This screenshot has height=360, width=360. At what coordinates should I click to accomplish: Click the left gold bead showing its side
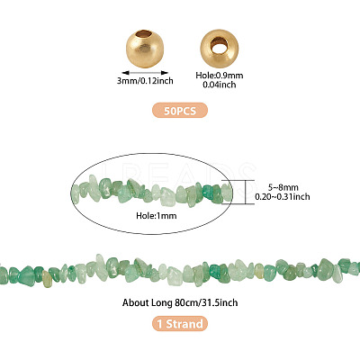145,49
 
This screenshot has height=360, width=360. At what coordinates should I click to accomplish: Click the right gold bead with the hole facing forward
220,48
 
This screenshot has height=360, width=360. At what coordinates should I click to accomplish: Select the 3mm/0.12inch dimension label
145,81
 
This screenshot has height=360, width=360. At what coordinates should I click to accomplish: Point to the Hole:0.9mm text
220,76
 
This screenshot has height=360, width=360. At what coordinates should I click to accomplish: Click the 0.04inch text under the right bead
220,85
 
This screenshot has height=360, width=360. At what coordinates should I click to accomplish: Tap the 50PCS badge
180,111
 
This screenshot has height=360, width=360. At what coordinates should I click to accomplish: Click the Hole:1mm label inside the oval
157,215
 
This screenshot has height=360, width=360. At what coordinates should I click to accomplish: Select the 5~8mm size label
283,188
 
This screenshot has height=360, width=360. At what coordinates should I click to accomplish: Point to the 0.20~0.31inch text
283,197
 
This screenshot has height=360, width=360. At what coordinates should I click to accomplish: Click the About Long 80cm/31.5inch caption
180,302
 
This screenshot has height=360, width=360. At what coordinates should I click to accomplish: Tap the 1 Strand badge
180,324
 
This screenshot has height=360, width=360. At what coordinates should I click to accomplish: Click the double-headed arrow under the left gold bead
145,73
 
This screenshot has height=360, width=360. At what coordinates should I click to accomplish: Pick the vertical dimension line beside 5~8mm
246,192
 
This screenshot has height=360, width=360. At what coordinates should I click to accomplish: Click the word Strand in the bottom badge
184,324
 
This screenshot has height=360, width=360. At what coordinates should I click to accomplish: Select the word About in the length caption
134,302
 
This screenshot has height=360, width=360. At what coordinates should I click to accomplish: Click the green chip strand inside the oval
151,192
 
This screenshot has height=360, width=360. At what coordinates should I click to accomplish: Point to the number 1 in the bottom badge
160,324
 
